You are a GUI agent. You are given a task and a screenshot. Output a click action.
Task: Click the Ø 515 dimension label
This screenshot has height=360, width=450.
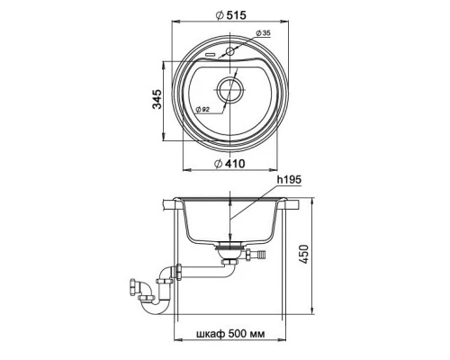point(231,14)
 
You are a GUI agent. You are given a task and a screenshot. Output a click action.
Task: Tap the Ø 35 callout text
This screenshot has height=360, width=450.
point(264,33)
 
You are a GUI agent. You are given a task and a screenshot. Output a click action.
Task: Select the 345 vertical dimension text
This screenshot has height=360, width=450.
point(157,99)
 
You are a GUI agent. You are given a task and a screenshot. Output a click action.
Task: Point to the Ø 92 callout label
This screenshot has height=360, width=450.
point(202,110)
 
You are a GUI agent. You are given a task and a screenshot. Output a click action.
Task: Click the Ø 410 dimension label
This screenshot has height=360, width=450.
point(230,164)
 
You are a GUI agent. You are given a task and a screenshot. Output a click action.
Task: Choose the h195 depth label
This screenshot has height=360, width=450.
point(289,180)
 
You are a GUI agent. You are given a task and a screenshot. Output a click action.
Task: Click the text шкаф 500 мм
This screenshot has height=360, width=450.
point(230,334)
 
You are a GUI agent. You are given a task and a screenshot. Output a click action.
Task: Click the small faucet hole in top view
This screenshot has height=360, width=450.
point(230,51)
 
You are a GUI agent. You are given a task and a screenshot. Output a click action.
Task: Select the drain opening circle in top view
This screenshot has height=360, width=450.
point(230,90)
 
